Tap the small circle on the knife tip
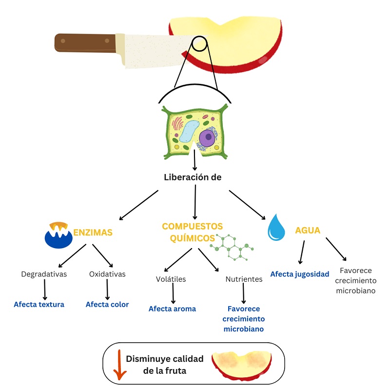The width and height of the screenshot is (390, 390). tap(199, 43)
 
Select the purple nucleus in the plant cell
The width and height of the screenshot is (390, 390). tap(208, 137)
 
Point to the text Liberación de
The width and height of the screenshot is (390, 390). tap(193, 177)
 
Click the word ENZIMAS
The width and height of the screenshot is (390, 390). tap(93, 233)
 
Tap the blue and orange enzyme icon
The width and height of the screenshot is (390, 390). tap(58, 234)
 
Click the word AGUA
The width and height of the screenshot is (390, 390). tap(308, 230)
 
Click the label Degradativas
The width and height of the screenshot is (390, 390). tap(44, 274)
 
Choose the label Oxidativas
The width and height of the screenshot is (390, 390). tap(107, 274)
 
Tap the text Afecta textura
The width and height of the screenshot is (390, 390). tap(39, 304)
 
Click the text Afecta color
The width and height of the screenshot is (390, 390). tap(107, 304)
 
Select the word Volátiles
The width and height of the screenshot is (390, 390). tap(171, 279)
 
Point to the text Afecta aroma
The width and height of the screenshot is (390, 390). tap(172, 309)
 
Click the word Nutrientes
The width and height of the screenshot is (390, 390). tap(244, 279)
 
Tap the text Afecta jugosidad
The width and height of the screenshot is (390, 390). tap(299, 274)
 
